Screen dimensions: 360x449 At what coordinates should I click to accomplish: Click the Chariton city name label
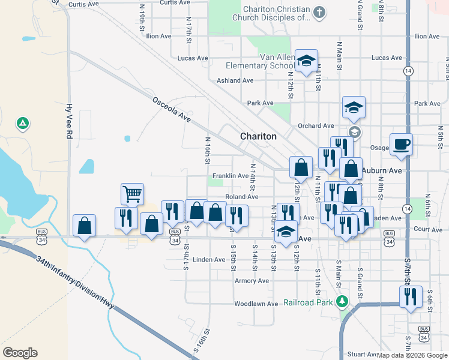point(258,136)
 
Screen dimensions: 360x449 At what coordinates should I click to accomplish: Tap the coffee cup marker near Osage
point(401,144)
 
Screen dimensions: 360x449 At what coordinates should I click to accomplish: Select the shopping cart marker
point(132,194)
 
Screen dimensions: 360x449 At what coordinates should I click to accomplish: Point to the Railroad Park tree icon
point(342,301)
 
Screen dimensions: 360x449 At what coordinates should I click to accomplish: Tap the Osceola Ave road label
point(171,110)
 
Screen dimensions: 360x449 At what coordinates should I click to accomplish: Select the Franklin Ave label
point(231,176)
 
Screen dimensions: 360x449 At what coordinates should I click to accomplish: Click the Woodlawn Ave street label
point(256,304)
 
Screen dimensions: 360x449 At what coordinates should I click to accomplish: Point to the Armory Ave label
point(252,281)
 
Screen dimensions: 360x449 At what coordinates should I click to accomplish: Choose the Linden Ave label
point(209,259)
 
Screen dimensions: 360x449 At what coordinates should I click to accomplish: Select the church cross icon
point(319,13)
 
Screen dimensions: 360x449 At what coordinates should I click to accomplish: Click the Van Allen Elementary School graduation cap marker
point(306,61)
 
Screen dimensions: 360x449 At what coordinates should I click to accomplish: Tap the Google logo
point(20,353)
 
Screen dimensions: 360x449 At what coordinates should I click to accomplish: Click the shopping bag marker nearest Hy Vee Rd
point(84,226)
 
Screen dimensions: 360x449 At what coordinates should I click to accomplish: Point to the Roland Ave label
point(241,197)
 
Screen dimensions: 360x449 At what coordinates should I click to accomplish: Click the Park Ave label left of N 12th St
point(260,103)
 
